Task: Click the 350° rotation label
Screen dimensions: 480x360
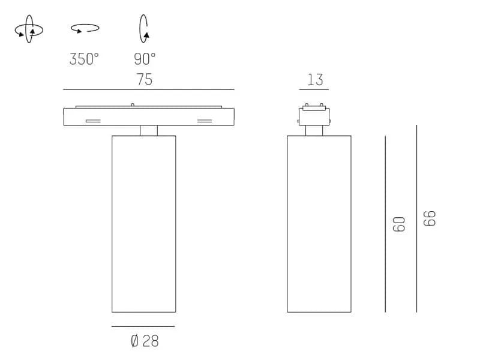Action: coord(84,59)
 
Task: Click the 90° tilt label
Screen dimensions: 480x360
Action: coord(145,59)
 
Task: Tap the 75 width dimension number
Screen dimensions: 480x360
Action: coord(144,79)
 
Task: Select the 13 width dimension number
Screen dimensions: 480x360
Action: coord(315,80)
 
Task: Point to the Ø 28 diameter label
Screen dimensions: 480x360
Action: coord(145,341)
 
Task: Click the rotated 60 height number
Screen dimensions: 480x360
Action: coord(398,224)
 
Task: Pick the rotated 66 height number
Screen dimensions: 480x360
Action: coord(429,218)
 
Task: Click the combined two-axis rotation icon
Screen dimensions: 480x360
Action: coord(29,29)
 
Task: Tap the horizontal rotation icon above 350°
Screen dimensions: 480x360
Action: coord(85,28)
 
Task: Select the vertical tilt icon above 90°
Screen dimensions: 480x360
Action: coord(144,28)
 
